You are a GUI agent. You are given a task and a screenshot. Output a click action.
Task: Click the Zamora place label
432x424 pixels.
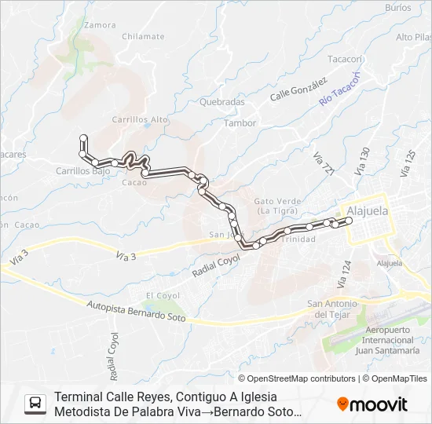pyautogui.click(x=100, y=25)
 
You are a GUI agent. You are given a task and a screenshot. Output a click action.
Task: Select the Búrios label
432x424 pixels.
pyautogui.click(x=398, y=7)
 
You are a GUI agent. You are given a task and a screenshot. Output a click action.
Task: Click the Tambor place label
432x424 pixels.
pyautogui.click(x=240, y=123)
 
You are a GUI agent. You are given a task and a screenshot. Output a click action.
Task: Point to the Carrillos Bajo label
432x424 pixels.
pyautogui.click(x=82, y=170)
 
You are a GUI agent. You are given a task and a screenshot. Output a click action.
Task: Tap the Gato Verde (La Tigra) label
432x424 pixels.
pyautogui.click(x=275, y=206)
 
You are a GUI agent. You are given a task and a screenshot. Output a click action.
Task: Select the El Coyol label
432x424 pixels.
pyautogui.click(x=163, y=295)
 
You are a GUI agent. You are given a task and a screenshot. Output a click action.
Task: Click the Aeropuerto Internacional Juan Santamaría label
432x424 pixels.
pyautogui.click(x=389, y=340)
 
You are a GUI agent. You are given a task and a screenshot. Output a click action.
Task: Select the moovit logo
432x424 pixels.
pyautogui.click(x=372, y=404)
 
